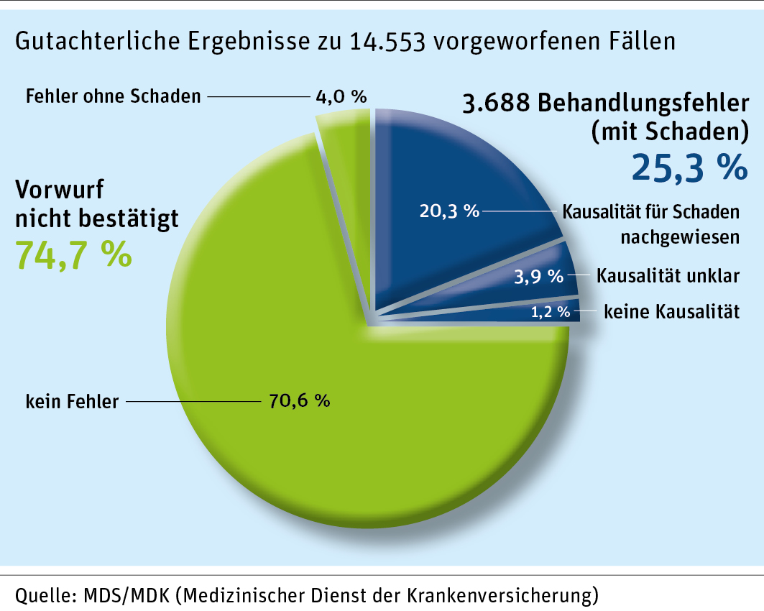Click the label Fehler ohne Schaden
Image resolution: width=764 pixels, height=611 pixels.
(113, 96)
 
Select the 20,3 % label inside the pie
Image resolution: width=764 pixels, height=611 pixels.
(449, 211)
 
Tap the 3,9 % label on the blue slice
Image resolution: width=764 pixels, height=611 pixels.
(540, 275)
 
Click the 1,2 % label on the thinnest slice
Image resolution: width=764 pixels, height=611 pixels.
(550, 312)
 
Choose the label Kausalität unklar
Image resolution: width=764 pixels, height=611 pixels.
(668, 275)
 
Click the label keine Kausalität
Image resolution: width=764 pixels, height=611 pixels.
(671, 312)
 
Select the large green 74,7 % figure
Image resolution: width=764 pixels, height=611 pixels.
(73, 254)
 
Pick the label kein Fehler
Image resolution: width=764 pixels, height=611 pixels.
(72, 401)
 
